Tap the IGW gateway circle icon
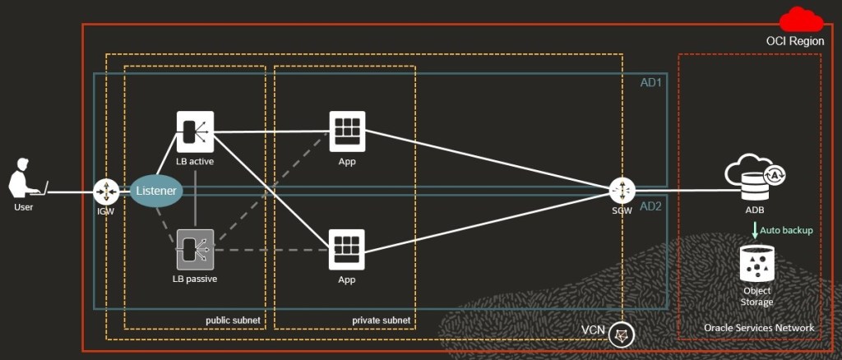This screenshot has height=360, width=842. point(107,192)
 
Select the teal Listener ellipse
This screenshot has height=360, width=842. point(155,191)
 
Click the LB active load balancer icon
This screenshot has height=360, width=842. point(195,132)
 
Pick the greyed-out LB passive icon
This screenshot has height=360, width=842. point(195,249)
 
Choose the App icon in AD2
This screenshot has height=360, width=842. point(347,249)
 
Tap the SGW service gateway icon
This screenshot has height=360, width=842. point(622,191)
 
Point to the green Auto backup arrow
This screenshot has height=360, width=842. point(755,231)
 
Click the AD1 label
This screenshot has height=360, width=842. point(650,82)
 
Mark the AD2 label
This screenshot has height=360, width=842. point(650,205)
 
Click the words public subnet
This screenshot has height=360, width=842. point(232,320)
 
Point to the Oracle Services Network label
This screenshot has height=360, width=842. point(759,328)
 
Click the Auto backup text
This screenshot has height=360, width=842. point(786,230)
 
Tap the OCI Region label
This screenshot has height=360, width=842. point(794,41)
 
